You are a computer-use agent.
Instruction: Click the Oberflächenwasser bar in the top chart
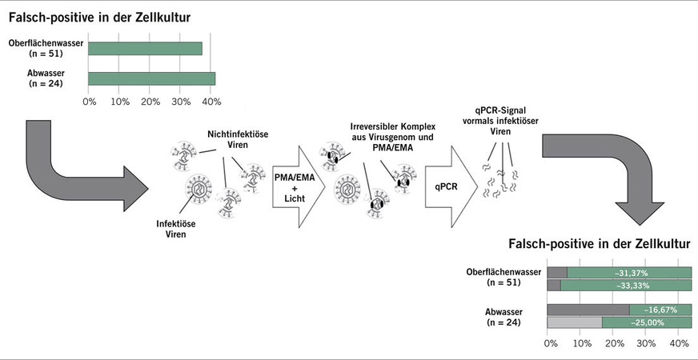pyautogui.click(x=145, y=49)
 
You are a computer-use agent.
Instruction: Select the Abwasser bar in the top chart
pyautogui.click(x=151, y=78)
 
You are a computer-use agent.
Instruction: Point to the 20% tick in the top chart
pyautogui.click(x=150, y=102)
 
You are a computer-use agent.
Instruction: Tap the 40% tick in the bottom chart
pyautogui.click(x=678, y=344)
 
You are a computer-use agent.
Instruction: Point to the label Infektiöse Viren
pyautogui.click(x=176, y=230)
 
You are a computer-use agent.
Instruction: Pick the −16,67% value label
pyautogui.click(x=660, y=309)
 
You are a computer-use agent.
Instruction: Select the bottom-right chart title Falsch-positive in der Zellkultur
pyautogui.click(x=600, y=243)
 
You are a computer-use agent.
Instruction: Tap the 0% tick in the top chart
pyautogui.click(x=89, y=102)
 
